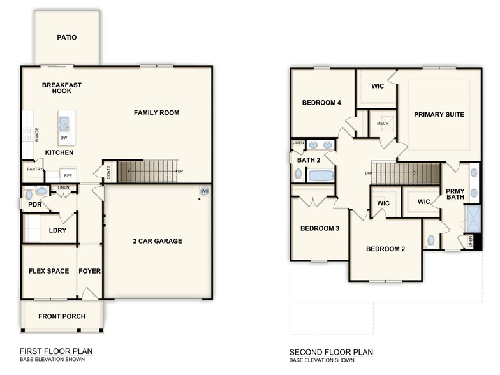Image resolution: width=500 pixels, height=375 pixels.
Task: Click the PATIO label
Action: click(x=66, y=38)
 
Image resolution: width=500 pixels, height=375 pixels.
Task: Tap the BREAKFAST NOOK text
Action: click(x=62, y=88)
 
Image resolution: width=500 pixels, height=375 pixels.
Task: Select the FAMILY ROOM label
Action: click(x=156, y=113)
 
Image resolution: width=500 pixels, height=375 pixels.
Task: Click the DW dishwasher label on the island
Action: click(x=63, y=137)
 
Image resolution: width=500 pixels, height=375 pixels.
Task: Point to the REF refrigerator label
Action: click(x=68, y=175)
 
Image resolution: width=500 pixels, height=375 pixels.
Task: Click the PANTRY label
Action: click(x=34, y=170)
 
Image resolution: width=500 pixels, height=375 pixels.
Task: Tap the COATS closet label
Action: click(x=108, y=173)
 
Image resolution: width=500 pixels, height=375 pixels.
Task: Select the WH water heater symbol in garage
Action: click(x=204, y=191)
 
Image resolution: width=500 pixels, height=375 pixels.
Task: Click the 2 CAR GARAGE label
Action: click(x=157, y=241)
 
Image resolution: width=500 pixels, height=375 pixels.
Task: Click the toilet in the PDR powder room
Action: click(x=40, y=191)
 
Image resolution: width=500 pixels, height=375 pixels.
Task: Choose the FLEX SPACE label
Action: click(x=48, y=271)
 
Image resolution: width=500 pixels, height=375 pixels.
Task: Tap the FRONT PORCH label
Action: click(x=62, y=316)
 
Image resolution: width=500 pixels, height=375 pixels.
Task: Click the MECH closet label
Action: click(x=383, y=124)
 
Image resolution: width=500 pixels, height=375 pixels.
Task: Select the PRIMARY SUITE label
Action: click(x=439, y=115)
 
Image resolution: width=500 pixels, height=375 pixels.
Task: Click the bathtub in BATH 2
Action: click(x=320, y=175)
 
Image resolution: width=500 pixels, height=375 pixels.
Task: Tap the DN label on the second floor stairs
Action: click(x=367, y=173)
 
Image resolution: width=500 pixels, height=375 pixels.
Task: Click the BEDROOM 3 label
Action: click(x=320, y=228)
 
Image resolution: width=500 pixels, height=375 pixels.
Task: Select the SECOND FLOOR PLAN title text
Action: click(x=331, y=352)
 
